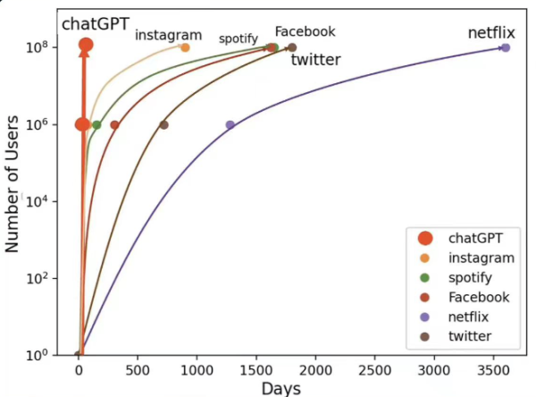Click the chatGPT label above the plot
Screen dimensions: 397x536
click(x=94, y=22)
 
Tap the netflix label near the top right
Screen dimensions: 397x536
click(x=491, y=33)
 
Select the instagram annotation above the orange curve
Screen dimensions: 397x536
click(x=169, y=34)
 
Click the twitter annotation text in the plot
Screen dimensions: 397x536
click(x=317, y=60)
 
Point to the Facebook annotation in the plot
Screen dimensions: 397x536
click(x=305, y=31)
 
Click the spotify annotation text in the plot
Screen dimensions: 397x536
click(x=239, y=38)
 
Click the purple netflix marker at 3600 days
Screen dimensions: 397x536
click(x=505, y=47)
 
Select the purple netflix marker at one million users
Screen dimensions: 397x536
click(x=230, y=125)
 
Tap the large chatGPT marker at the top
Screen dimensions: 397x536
click(x=86, y=45)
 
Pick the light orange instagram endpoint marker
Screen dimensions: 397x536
click(x=185, y=47)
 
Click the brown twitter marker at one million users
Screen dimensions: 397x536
click(x=163, y=125)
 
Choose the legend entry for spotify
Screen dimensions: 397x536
click(x=468, y=277)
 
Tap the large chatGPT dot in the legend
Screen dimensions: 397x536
click(x=424, y=238)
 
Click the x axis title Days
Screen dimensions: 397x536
click(x=281, y=388)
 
